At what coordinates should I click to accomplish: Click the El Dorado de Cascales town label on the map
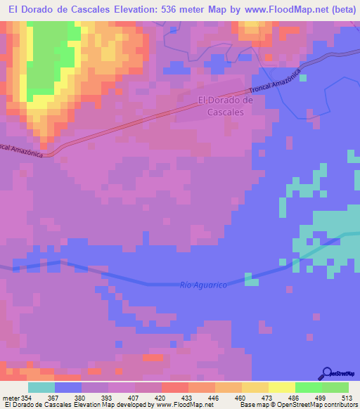click(225, 105)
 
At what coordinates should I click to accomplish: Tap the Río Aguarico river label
click(203, 285)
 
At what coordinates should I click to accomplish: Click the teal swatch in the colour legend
click(41, 387)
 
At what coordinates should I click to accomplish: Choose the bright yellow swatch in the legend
click(281, 387)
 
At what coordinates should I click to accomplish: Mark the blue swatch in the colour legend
click(67, 387)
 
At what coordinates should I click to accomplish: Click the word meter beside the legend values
click(12, 398)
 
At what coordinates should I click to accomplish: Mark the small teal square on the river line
click(250, 280)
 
